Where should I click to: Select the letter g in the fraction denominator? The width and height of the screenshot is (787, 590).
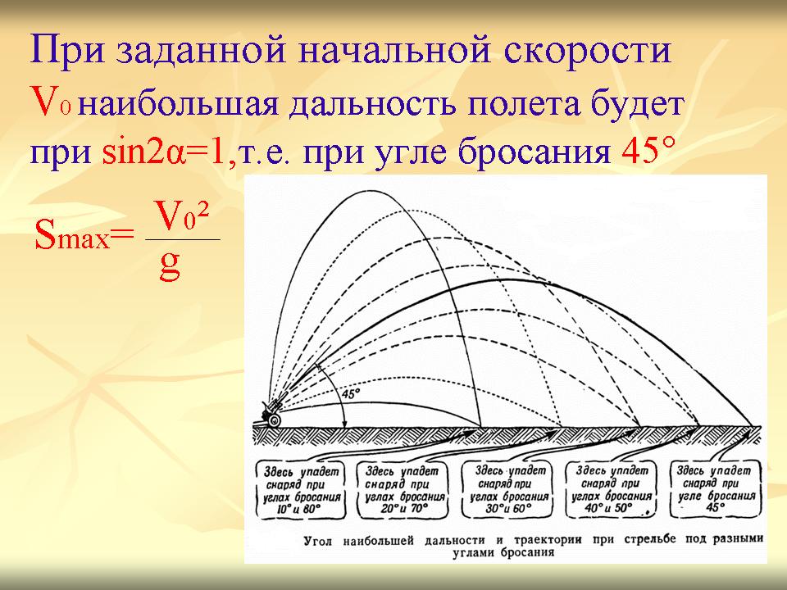(170, 265)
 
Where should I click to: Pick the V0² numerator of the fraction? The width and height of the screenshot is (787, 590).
(180, 216)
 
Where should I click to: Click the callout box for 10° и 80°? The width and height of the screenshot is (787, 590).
(301, 490)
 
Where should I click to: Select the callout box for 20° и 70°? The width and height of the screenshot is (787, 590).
(402, 490)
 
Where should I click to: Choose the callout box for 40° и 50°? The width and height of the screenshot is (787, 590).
(611, 490)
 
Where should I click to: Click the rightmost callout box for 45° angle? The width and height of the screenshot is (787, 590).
(716, 489)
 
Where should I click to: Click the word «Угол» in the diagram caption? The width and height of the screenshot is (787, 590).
(318, 542)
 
